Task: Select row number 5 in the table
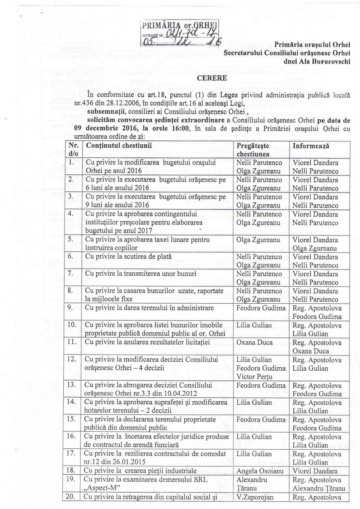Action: (72, 239)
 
